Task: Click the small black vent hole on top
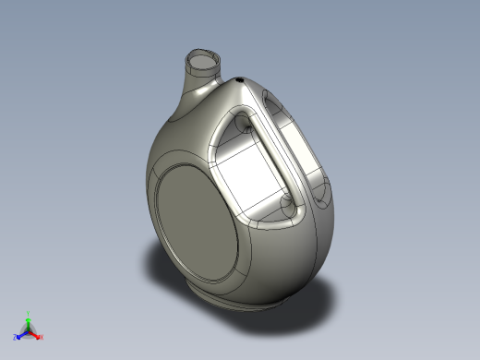[x=242, y=81]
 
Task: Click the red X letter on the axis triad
[x=42, y=336]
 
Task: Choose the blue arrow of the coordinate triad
[x=22, y=332]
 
